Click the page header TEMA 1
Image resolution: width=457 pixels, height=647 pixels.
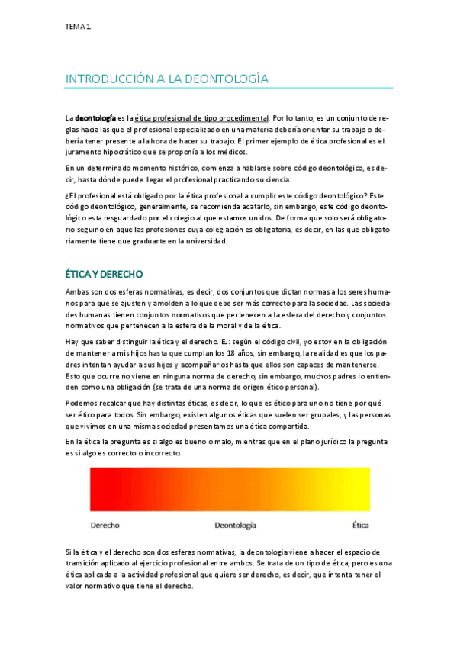point(78,27)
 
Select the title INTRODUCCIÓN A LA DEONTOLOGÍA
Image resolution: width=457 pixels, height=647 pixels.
point(167,79)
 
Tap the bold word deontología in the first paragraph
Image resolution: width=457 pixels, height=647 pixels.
point(95,118)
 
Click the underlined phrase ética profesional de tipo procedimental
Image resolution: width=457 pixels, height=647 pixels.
point(201,118)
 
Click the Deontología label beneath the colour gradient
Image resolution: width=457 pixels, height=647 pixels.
point(235,526)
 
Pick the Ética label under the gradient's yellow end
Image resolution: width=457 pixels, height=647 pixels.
point(360,525)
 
